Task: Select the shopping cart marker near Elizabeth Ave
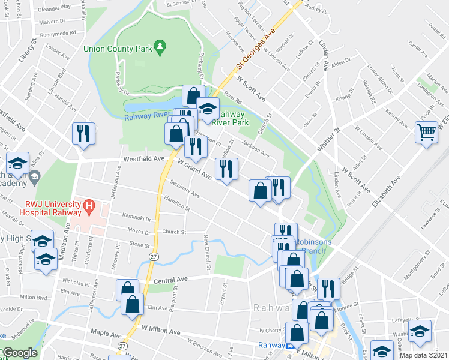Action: pos(426,132)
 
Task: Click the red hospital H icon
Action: pos(89,208)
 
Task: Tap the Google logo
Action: pos(19,353)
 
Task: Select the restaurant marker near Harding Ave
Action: pos(83,133)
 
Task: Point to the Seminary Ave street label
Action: pos(184,189)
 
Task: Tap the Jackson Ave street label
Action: pos(255,148)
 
